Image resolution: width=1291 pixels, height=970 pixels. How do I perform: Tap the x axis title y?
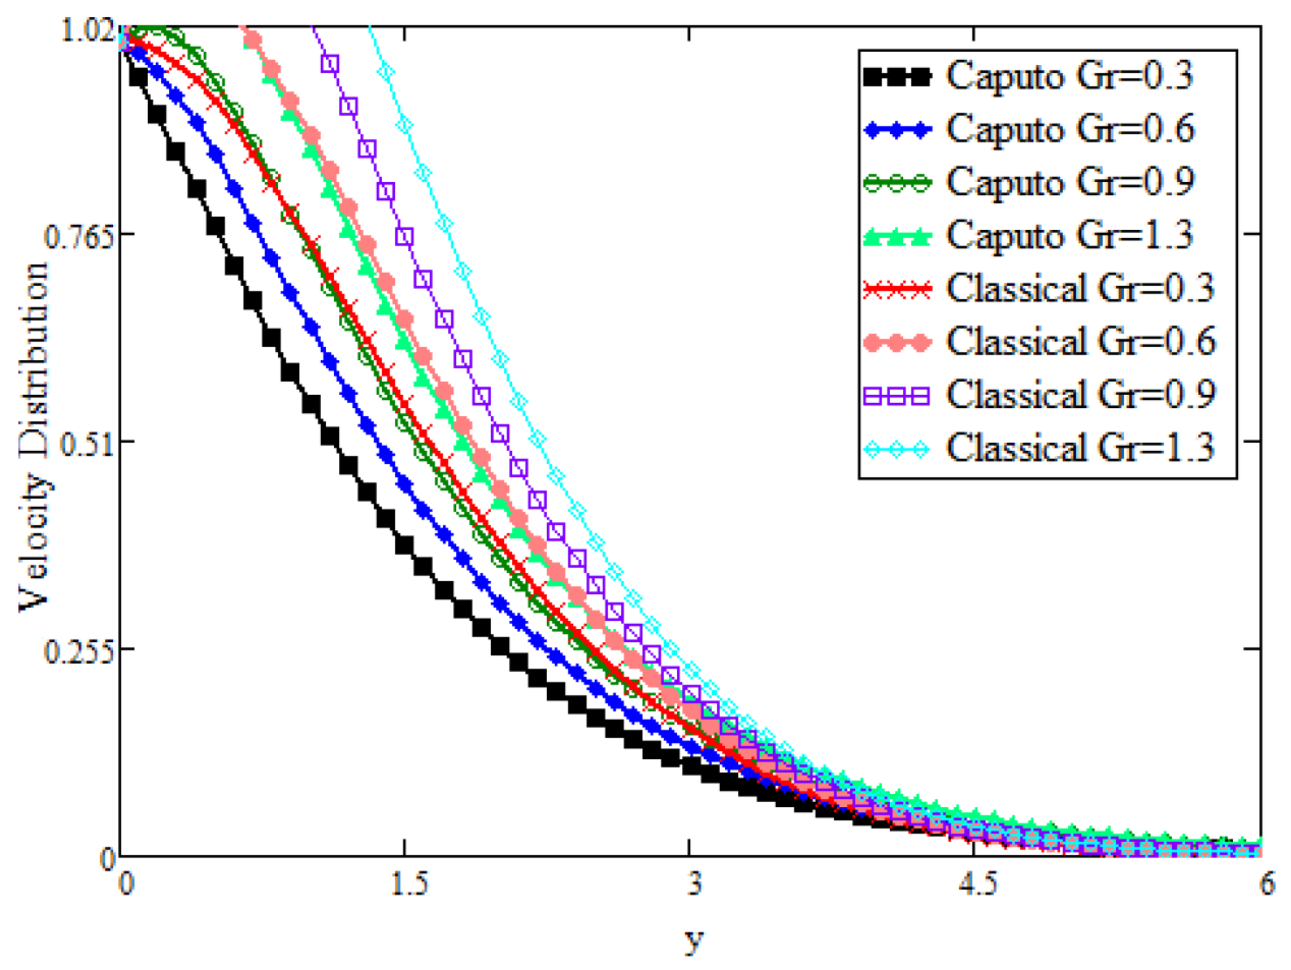pyautogui.click(x=694, y=940)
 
